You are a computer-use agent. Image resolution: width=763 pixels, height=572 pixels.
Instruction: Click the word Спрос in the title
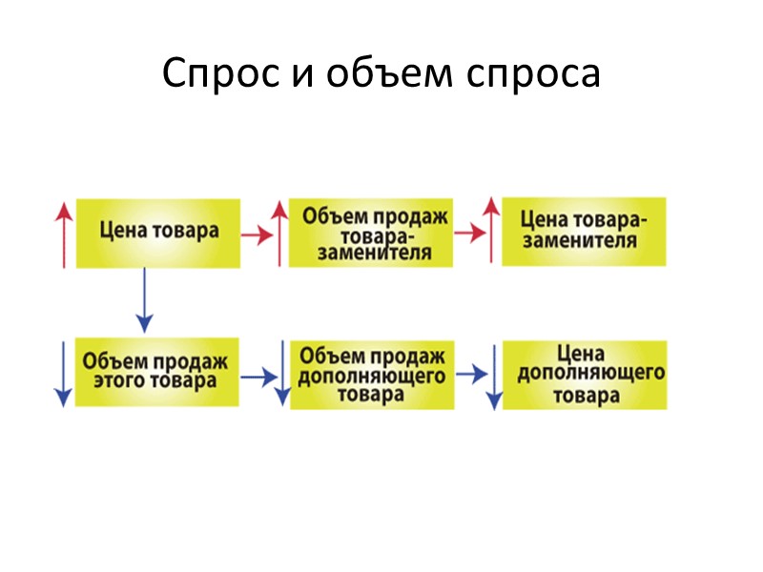217,74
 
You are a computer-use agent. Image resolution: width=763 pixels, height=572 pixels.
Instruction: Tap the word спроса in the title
524,74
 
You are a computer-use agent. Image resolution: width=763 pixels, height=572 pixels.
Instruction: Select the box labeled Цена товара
158,232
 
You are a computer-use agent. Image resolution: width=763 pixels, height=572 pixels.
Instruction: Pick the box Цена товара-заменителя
584,231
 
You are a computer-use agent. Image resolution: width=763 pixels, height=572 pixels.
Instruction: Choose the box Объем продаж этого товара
156,371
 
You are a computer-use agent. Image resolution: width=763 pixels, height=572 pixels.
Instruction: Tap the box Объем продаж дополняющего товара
373,373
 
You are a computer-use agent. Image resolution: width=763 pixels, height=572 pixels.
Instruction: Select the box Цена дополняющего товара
586,374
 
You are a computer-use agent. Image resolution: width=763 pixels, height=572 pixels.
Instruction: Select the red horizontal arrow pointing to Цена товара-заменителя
469,234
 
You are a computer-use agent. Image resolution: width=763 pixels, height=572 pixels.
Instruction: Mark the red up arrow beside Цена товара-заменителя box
490,230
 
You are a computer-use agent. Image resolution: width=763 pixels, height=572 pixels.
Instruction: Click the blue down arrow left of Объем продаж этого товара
63,373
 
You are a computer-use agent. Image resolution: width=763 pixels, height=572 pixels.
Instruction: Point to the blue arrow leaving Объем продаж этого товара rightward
257,377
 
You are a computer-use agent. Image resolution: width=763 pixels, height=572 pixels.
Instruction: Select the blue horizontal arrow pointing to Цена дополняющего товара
470,375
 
